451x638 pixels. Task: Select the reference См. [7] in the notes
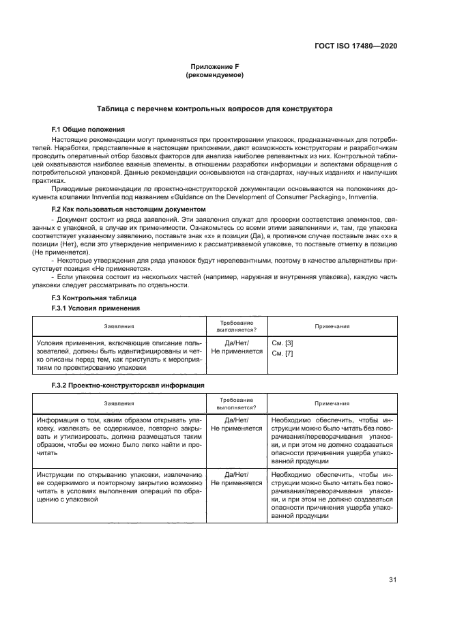point(282,353)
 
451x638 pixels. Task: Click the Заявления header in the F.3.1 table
point(119,326)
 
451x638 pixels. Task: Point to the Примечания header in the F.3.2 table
point(332,404)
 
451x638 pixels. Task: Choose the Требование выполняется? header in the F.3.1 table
point(236,326)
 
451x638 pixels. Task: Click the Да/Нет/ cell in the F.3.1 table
point(236,343)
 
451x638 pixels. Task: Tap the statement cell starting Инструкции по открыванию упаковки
point(119,487)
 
